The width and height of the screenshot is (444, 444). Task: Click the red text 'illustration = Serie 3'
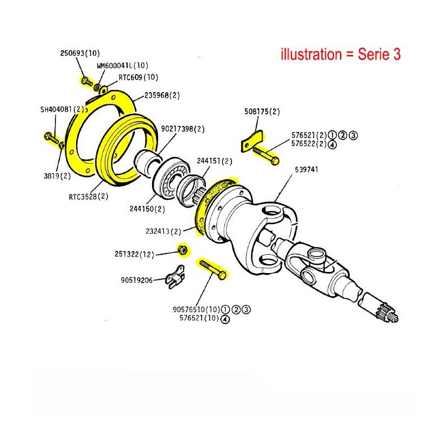[341, 54]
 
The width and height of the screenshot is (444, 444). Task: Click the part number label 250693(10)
[79, 54]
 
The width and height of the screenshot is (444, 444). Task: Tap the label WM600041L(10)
[119, 65]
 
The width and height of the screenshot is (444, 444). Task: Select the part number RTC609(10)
[130, 77]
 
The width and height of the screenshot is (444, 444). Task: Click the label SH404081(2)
[62, 109]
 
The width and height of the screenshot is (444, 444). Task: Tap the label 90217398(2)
[183, 129]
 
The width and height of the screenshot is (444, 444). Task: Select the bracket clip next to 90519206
[176, 279]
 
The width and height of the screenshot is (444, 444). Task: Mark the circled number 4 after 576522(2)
[332, 145]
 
